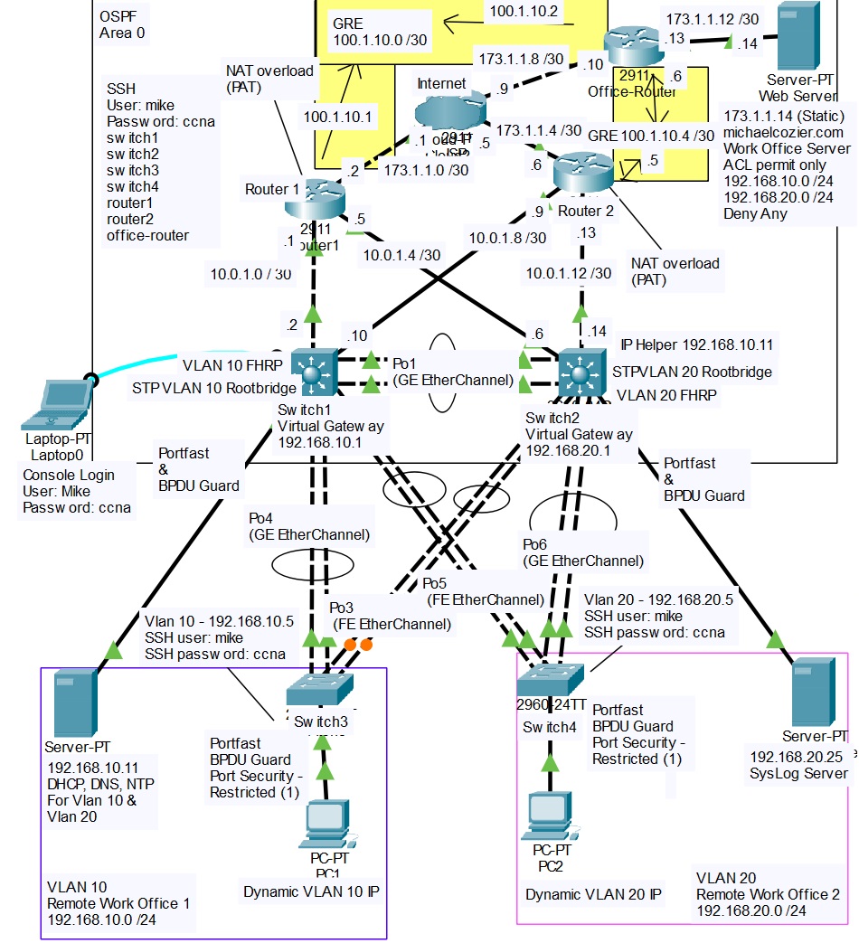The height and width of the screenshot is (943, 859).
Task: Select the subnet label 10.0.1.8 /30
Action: [506, 237]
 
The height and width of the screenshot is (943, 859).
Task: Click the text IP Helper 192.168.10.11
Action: [696, 344]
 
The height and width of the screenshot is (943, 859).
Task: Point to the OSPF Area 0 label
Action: [123, 24]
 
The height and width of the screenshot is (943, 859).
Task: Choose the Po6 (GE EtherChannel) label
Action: [583, 552]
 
